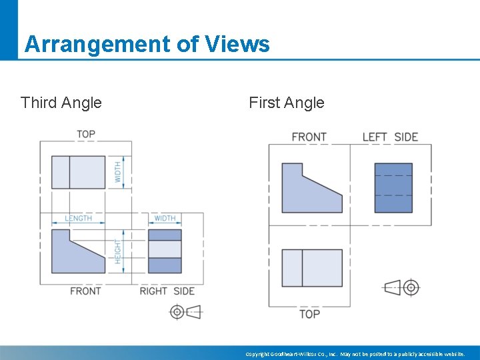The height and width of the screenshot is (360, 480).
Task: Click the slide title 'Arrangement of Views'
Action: tap(147, 44)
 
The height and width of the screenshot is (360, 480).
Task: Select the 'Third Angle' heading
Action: tap(61, 103)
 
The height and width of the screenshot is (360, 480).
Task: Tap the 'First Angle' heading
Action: tap(286, 103)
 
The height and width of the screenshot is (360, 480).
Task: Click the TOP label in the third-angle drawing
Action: tap(85, 134)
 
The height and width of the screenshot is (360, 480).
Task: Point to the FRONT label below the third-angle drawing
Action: tap(85, 291)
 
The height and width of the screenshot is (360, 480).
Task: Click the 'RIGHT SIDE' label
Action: tap(167, 291)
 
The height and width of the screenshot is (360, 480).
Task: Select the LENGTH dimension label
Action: tap(78, 218)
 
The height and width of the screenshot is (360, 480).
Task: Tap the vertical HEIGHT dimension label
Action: tap(118, 251)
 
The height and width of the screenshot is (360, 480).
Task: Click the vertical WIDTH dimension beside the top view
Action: tap(118, 172)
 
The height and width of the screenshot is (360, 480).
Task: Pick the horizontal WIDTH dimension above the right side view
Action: tap(165, 218)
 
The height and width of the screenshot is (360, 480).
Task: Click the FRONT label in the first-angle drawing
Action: tap(309, 137)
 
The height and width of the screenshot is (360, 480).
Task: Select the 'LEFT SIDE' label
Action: tap(390, 137)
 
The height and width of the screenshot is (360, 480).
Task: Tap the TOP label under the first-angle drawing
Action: tap(309, 313)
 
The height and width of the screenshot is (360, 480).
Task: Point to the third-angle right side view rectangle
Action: tap(165, 251)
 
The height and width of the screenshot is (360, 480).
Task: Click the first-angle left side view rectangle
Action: tap(393, 188)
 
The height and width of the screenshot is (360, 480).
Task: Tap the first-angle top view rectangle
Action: tap(312, 268)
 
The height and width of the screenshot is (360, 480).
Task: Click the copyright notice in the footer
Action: tap(355, 354)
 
